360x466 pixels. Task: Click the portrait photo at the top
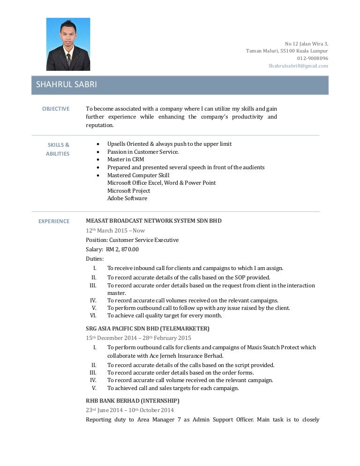click(68, 44)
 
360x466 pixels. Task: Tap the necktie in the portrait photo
click(68, 60)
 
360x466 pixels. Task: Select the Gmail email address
click(298, 66)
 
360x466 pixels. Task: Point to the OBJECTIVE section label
click(56, 109)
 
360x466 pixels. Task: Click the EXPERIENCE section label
click(54, 221)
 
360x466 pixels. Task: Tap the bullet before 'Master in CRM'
click(97, 159)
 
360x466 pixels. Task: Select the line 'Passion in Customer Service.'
click(143, 152)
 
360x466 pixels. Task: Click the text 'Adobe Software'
click(127, 198)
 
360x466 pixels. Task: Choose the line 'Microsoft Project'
click(128, 191)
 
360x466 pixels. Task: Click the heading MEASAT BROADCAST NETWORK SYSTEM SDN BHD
click(154, 220)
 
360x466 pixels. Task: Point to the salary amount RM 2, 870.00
click(122, 249)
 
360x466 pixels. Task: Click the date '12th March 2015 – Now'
click(115, 230)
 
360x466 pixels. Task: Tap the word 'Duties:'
click(95, 258)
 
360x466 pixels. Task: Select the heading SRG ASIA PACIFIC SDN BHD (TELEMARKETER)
click(148, 328)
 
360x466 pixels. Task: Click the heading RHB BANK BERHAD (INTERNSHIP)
click(132, 401)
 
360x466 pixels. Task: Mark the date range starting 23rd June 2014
click(130, 410)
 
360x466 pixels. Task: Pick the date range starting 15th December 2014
click(138, 338)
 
